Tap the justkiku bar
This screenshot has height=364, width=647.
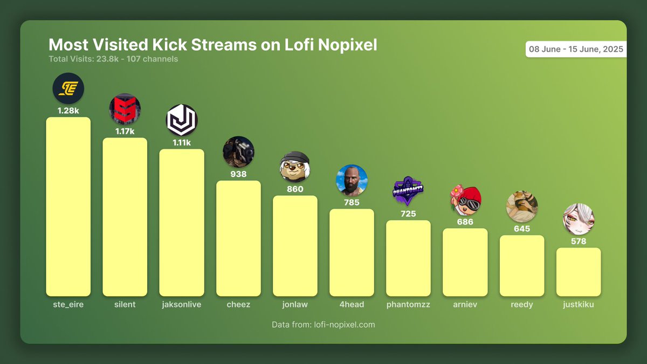click(x=579, y=272)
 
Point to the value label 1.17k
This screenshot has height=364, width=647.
click(x=125, y=131)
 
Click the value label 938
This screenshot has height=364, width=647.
click(x=238, y=174)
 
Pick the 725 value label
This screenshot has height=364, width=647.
click(x=408, y=214)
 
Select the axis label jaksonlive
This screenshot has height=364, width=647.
click(x=182, y=305)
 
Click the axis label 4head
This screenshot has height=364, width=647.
click(x=352, y=305)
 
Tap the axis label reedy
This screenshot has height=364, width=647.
click(x=522, y=305)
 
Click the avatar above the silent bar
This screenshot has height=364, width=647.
click(x=125, y=109)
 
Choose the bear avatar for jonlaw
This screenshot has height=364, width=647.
click(x=295, y=166)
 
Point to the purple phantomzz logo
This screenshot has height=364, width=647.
click(x=408, y=191)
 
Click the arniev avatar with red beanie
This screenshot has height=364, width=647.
click(x=465, y=200)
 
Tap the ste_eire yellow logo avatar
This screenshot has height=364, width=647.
click(x=68, y=88)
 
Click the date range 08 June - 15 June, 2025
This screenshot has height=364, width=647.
click(x=576, y=49)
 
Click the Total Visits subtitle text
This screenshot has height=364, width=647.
click(x=113, y=59)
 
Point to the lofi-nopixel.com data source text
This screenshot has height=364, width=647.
click(x=323, y=325)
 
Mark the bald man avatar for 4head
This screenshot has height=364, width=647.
click(x=352, y=180)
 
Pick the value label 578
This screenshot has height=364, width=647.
click(x=579, y=241)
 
